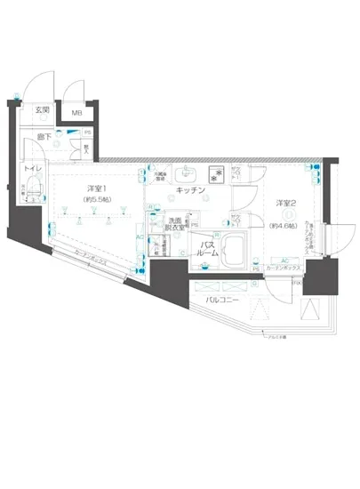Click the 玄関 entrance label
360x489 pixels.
tap(42, 110)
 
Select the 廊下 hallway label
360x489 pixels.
tap(42, 137)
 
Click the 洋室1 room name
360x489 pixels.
tap(97, 188)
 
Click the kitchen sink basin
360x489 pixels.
tap(188, 172)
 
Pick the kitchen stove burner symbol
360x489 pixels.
tap(214, 172)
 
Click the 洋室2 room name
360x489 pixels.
tap(286, 204)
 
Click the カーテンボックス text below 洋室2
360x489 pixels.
tap(284, 269)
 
